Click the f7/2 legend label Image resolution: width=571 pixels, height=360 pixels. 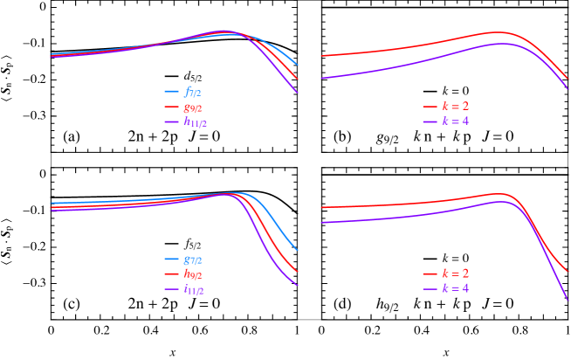(x=193, y=91)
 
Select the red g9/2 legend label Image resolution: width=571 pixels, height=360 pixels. (x=194, y=107)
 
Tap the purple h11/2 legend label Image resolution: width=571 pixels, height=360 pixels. (x=196, y=122)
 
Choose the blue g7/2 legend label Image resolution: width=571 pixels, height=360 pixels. (x=193, y=259)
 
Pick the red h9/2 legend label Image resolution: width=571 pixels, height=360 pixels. (x=193, y=274)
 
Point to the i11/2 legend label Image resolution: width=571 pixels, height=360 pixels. (x=193, y=289)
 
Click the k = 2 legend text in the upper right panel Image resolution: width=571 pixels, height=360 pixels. (x=455, y=106)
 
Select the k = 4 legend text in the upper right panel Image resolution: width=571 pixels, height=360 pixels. (x=455, y=121)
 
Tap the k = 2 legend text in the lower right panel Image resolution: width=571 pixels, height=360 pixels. (x=455, y=273)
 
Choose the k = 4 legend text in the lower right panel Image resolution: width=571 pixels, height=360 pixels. (x=455, y=288)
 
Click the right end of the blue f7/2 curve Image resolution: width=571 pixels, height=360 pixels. (x=298, y=64)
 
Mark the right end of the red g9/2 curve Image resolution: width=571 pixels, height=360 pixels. (x=298, y=79)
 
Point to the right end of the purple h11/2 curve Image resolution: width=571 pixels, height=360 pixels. (x=298, y=92)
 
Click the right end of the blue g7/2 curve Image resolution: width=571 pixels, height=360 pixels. (x=298, y=250)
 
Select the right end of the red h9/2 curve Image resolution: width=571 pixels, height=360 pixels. (x=298, y=271)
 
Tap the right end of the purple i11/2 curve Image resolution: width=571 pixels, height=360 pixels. (x=298, y=285)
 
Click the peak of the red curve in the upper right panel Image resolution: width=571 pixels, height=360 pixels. (x=499, y=32)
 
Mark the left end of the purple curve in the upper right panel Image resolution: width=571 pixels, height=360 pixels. (x=321, y=79)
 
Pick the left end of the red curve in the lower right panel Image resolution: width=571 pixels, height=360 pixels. (x=321, y=208)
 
